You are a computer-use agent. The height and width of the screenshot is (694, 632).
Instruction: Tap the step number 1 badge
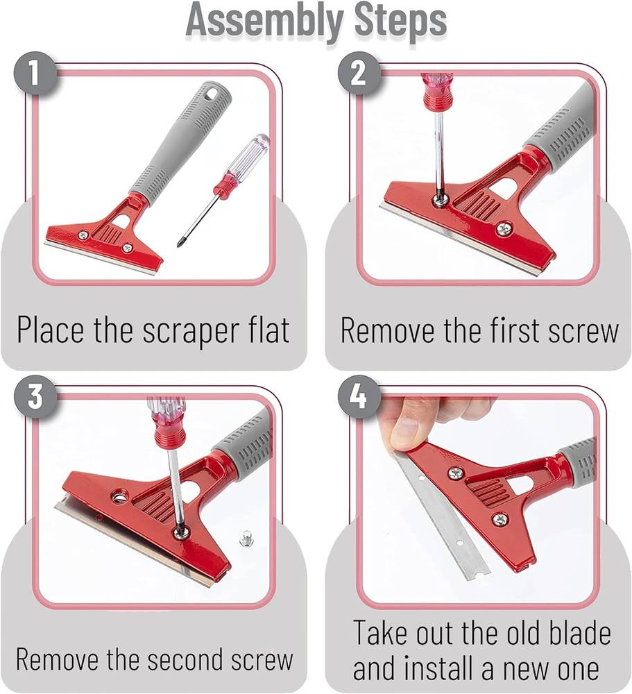point(35,74)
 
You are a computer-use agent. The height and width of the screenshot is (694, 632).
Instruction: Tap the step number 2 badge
point(359,74)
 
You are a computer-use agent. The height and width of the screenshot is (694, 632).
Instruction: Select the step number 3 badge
point(35,396)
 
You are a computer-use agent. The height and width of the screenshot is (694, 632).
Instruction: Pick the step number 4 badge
point(359,396)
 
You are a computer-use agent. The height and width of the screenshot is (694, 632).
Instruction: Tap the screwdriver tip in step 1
point(180,244)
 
